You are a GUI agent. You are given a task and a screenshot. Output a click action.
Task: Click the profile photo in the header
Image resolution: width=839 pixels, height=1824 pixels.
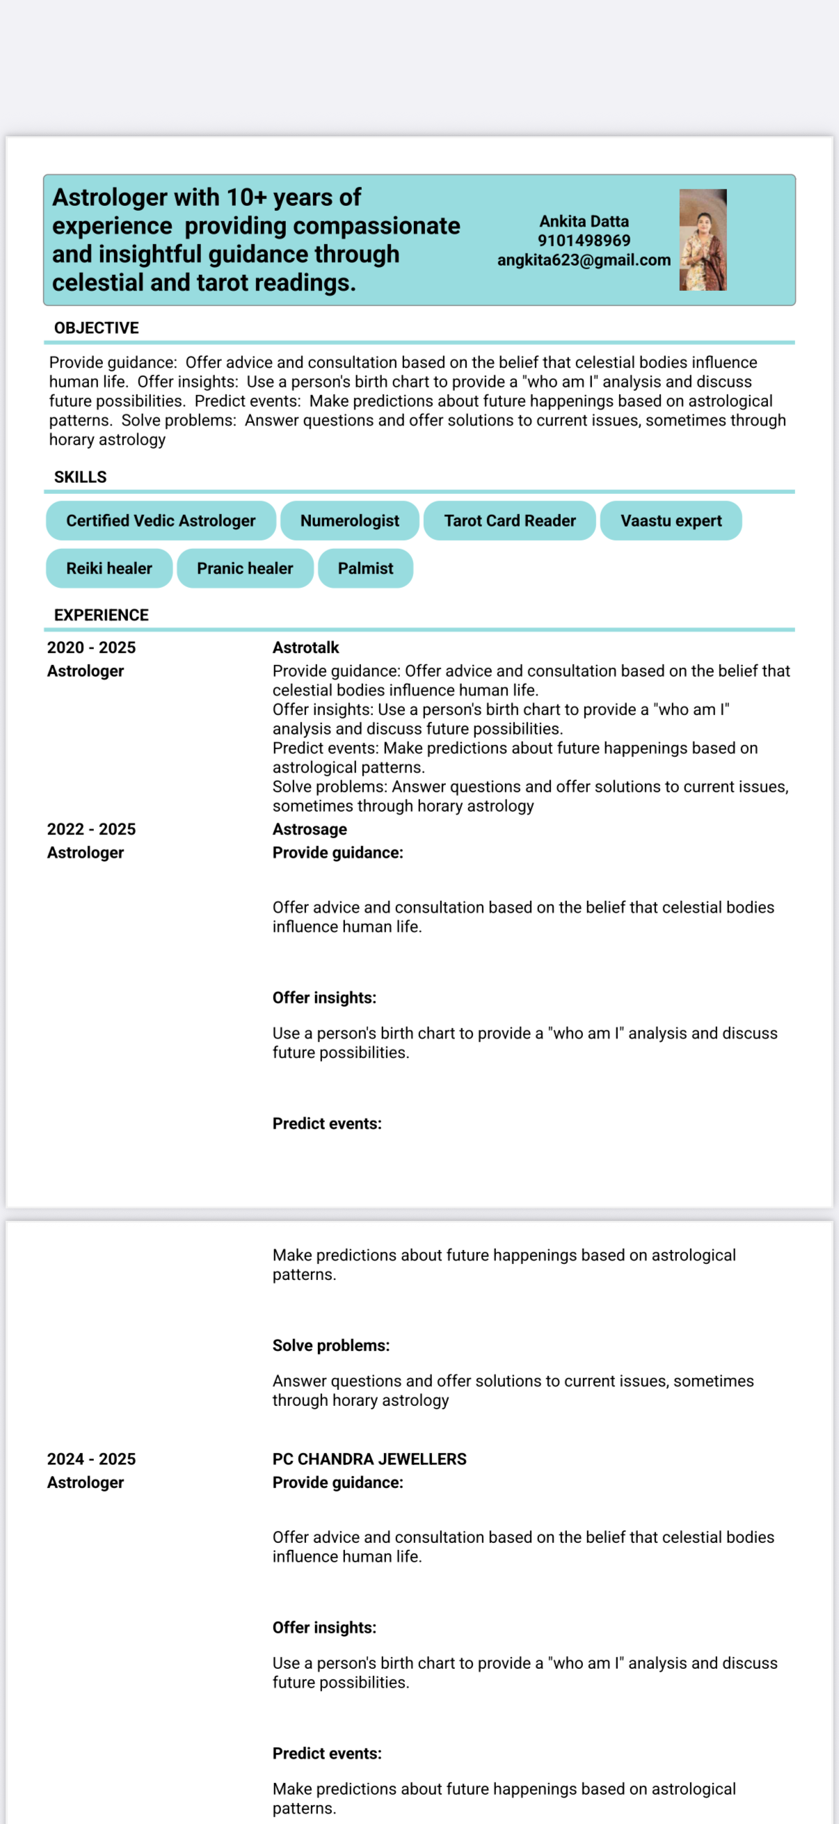click(x=703, y=239)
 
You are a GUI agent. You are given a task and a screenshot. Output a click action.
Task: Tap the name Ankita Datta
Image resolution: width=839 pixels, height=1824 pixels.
click(x=584, y=222)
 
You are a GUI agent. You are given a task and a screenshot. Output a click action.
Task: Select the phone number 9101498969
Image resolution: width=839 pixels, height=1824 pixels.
click(x=584, y=241)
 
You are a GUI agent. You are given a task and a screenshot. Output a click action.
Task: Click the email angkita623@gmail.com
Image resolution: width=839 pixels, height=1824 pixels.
click(x=584, y=260)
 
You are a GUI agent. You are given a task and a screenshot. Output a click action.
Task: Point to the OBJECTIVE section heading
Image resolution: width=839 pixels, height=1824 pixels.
click(x=96, y=328)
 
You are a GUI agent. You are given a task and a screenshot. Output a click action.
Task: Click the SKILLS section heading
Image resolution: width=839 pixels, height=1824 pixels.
click(x=80, y=477)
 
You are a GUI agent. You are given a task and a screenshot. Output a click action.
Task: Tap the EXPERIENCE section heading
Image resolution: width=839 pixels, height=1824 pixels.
click(x=102, y=615)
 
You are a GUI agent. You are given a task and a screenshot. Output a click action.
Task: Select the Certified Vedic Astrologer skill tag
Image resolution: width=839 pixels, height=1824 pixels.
click(x=161, y=520)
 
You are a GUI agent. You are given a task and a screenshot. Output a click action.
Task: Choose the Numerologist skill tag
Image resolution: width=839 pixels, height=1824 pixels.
click(x=350, y=520)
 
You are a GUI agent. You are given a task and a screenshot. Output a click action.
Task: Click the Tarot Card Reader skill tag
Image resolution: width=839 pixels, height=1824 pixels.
click(x=510, y=520)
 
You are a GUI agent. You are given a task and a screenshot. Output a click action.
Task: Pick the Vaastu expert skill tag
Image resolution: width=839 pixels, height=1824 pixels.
click(x=671, y=520)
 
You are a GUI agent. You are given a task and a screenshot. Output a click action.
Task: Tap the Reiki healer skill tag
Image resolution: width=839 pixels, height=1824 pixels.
click(x=109, y=568)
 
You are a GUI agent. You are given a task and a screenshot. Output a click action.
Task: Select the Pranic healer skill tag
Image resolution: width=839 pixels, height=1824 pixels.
click(x=245, y=568)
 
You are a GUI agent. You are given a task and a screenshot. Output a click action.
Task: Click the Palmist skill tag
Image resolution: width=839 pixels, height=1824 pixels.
click(x=365, y=568)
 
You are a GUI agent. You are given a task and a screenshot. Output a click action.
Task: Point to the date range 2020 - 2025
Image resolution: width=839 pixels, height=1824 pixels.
click(x=91, y=647)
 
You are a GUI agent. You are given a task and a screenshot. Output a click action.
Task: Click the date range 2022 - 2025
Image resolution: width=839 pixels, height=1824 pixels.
click(x=91, y=829)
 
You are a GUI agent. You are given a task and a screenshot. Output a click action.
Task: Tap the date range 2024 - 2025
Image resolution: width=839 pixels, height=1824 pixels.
click(x=91, y=1459)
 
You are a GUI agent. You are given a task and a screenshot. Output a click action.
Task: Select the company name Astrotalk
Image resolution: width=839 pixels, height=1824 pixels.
click(x=306, y=647)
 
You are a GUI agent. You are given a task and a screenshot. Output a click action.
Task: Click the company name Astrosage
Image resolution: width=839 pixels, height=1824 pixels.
click(x=310, y=829)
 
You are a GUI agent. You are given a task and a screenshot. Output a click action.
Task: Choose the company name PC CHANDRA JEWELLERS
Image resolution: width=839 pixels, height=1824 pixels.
click(x=369, y=1459)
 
